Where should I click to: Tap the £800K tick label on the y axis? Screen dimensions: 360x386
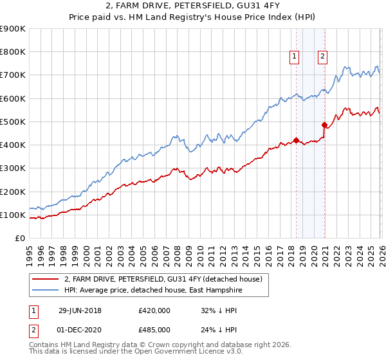(13, 52)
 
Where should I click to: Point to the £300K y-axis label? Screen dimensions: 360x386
(13, 168)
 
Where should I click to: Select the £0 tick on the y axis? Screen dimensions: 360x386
(20, 239)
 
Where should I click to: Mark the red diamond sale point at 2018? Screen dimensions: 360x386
(296, 140)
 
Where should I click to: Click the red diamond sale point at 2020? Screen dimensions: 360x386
(324, 125)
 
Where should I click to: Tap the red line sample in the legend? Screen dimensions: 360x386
(45, 280)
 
